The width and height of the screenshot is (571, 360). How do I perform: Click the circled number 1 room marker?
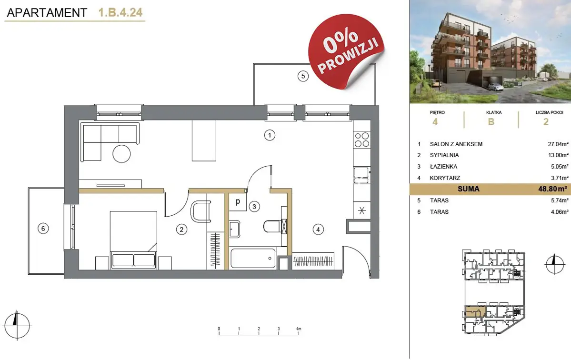(x=270, y=135)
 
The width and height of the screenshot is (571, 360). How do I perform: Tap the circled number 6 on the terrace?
(x=43, y=229)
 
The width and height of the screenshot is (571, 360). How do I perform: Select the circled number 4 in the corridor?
(x=318, y=230)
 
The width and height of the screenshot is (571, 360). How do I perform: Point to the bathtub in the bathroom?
(x=253, y=258)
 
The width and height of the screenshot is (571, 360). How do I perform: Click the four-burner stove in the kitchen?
(x=361, y=140)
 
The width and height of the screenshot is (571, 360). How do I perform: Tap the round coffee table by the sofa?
(x=121, y=154)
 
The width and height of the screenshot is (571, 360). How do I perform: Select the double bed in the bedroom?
(x=134, y=240)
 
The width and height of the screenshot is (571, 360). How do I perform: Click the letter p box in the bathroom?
(x=238, y=201)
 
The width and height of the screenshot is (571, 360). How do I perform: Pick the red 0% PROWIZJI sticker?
(x=346, y=51)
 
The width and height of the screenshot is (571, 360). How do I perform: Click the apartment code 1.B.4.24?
(x=120, y=12)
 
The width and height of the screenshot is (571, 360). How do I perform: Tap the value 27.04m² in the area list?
(x=558, y=144)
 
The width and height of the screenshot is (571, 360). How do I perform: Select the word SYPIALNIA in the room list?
(x=444, y=155)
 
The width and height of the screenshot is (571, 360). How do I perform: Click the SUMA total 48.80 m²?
(x=552, y=189)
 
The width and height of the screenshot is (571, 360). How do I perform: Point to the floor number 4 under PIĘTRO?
(x=435, y=122)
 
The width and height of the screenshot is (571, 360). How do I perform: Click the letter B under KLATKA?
(x=491, y=122)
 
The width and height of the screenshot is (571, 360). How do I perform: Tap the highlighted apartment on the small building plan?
(x=475, y=312)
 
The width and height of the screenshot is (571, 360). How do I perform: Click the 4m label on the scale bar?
(x=299, y=329)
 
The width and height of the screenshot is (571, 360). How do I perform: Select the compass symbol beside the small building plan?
(x=554, y=264)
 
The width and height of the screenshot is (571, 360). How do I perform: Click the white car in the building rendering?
(x=496, y=87)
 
